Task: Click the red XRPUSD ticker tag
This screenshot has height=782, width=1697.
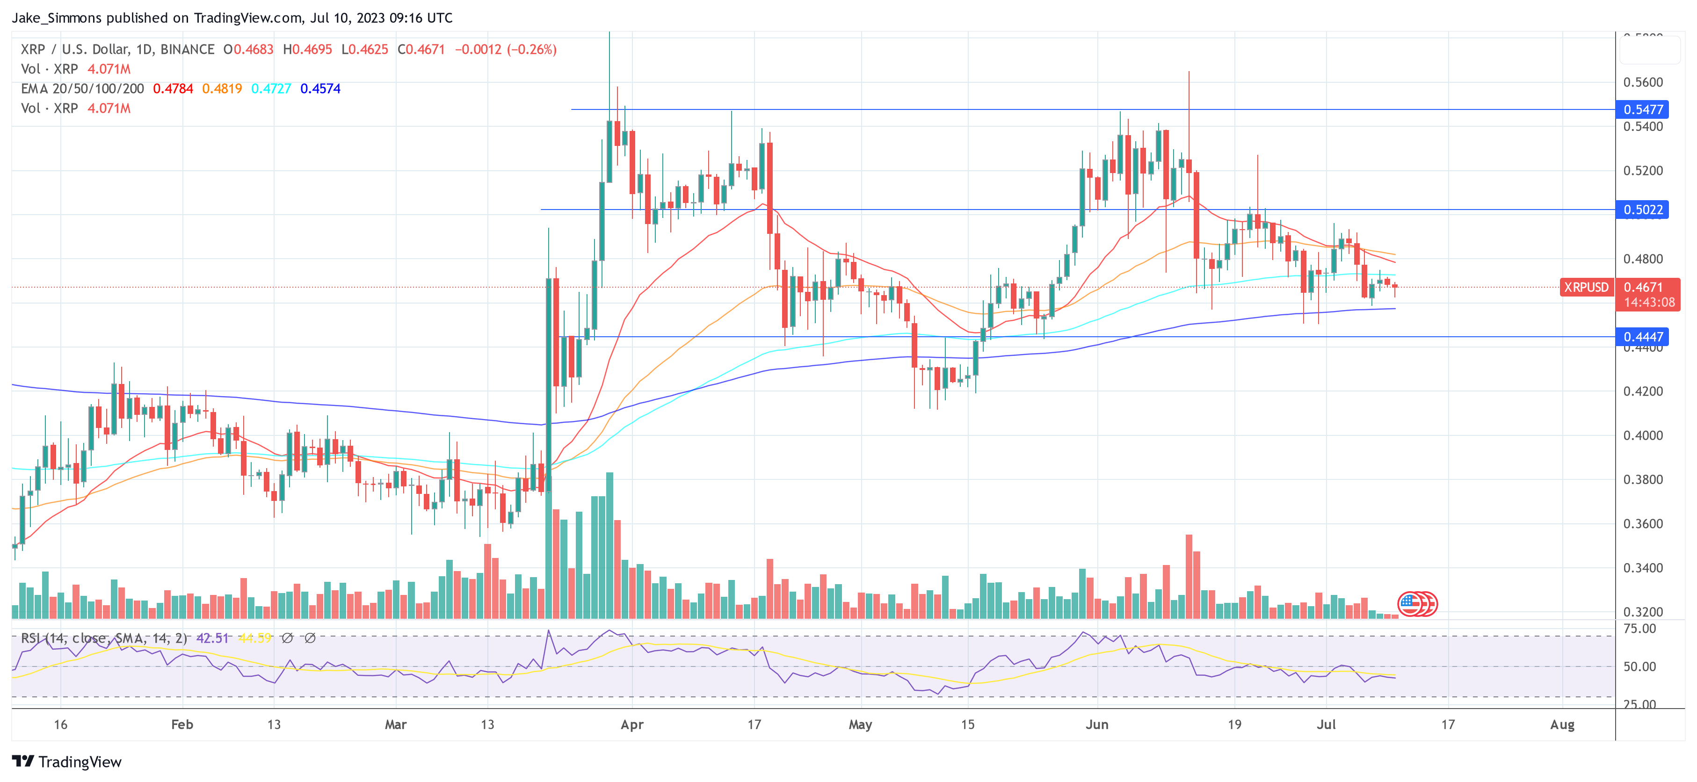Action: click(x=1586, y=287)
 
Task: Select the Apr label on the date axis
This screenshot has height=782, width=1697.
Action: click(x=632, y=724)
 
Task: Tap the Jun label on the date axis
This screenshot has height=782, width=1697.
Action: click(x=1097, y=724)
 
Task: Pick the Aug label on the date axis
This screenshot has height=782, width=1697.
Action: click(x=1562, y=724)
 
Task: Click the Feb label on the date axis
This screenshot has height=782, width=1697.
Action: click(x=182, y=724)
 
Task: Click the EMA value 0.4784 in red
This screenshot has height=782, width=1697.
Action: click(x=173, y=88)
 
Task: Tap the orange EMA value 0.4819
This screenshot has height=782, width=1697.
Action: click(x=222, y=88)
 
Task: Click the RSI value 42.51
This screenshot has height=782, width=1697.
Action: click(x=212, y=638)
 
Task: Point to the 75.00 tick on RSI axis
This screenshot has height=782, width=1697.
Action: click(x=1639, y=629)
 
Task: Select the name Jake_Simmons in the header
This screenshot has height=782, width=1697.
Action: click(x=57, y=18)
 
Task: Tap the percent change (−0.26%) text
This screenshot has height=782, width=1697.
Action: click(x=532, y=50)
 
